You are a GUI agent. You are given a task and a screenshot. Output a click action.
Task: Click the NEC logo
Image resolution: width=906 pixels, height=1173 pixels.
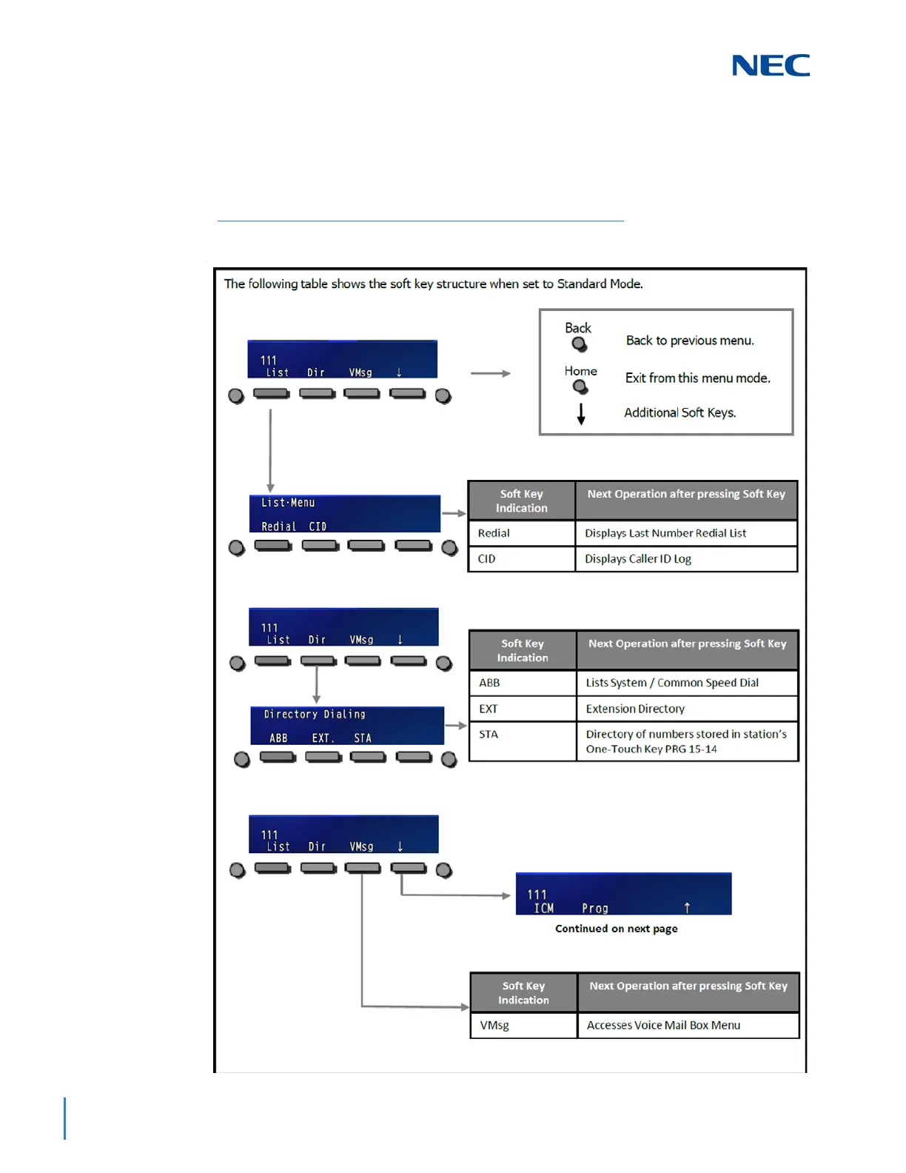click(x=771, y=65)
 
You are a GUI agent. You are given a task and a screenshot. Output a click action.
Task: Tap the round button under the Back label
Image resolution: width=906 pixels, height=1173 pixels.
click(x=580, y=344)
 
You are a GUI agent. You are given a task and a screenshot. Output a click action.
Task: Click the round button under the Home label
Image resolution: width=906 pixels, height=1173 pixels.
click(x=581, y=387)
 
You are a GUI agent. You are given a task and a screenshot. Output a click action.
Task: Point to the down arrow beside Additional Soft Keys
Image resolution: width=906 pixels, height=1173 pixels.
click(x=581, y=414)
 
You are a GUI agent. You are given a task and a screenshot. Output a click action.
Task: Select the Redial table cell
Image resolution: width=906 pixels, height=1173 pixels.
click(x=521, y=533)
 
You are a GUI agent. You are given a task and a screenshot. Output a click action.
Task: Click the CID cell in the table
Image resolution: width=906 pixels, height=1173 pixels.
click(x=521, y=559)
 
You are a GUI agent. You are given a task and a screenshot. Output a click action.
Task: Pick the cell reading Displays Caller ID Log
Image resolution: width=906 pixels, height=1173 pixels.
click(x=685, y=559)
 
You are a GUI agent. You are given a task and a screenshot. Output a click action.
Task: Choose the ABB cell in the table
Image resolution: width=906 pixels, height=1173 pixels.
click(x=523, y=683)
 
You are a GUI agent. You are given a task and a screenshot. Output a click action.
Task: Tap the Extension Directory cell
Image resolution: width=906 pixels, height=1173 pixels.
click(x=687, y=709)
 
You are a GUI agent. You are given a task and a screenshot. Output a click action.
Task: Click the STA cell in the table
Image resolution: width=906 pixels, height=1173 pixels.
click(x=523, y=741)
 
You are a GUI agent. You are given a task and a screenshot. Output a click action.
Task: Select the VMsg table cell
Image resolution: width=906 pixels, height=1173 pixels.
click(x=523, y=1026)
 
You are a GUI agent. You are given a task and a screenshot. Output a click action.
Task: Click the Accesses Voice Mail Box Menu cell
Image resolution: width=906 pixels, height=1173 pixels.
click(x=688, y=1026)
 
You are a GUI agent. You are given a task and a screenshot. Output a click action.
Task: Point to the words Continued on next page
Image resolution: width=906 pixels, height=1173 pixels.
click(x=616, y=929)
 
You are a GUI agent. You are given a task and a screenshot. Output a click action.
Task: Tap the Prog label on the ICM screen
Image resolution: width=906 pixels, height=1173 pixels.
click(x=595, y=908)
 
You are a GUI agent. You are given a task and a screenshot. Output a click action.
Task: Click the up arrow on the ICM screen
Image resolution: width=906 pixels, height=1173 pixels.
click(x=687, y=908)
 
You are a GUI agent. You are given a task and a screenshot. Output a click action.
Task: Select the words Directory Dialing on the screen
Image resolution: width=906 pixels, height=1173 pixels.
click(x=315, y=715)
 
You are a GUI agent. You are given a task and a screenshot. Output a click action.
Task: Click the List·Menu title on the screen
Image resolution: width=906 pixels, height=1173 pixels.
click(x=288, y=503)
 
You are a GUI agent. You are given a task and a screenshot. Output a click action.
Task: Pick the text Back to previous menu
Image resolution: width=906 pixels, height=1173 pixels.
click(x=690, y=341)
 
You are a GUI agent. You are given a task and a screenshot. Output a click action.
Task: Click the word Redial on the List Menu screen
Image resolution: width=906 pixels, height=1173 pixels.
click(x=278, y=527)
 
